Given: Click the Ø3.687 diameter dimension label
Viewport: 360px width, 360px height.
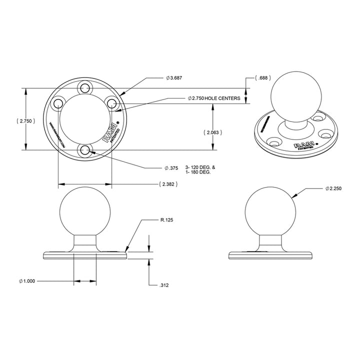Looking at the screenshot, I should coord(174,78).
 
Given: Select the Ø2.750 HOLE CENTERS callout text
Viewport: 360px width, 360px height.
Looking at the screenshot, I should coord(213,98).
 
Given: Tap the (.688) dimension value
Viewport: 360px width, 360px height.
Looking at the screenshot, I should coord(262,78).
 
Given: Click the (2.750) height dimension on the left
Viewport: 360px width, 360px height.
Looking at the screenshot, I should coord(25,121).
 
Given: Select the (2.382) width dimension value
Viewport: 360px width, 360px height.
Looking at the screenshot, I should coord(168,184).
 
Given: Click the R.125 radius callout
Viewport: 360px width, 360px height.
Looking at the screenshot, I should coord(167,219).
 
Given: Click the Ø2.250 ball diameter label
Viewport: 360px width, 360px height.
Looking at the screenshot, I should coord(333,188).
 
